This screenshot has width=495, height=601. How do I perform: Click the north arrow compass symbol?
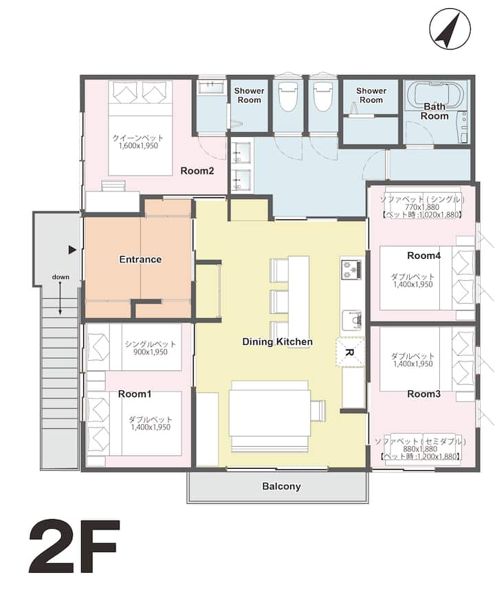click(x=450, y=29)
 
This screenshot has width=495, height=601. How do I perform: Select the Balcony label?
click(x=281, y=486)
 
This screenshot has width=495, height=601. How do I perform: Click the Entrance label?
click(x=140, y=259)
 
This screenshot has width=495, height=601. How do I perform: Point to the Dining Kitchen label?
click(x=277, y=341)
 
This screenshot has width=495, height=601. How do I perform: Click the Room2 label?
click(x=197, y=171)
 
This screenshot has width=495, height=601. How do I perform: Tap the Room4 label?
click(x=423, y=255)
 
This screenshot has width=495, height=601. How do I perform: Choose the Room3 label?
click(x=423, y=394)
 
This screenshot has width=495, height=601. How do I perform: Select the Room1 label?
click(x=135, y=394)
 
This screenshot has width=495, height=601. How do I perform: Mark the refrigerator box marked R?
click(x=350, y=352)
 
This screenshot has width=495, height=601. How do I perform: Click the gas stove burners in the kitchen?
click(x=351, y=270)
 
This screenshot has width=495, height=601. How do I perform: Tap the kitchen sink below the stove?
click(x=351, y=320)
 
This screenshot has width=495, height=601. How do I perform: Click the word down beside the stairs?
click(x=61, y=277)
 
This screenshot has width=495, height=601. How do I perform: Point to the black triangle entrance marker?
click(x=72, y=250)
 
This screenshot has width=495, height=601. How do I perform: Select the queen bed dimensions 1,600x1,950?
click(x=138, y=146)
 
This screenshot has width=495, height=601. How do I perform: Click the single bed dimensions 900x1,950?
click(x=151, y=352)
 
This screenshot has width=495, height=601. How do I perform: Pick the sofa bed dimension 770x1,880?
click(x=422, y=207)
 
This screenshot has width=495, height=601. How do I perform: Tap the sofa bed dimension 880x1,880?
click(x=420, y=449)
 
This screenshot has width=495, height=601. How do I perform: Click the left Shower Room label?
click(x=250, y=96)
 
